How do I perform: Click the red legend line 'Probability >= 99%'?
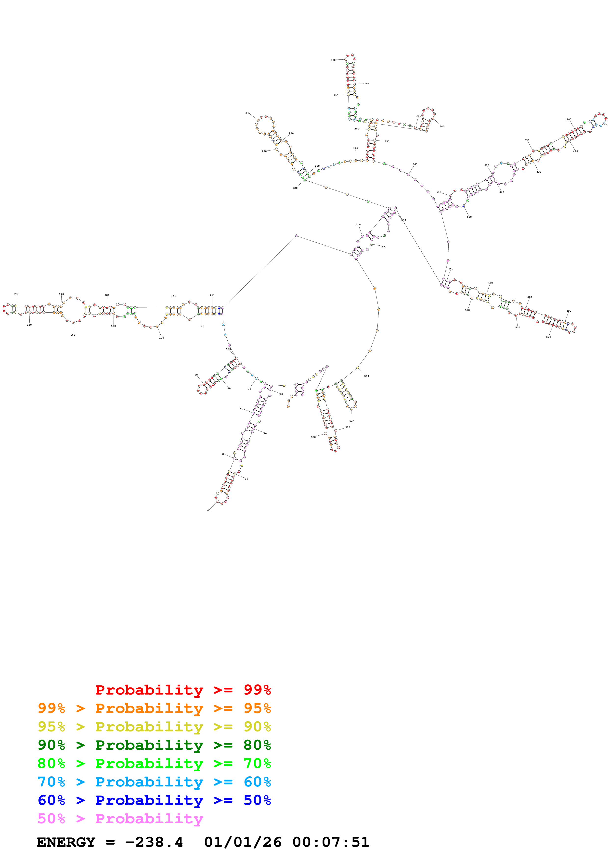[x=183, y=690]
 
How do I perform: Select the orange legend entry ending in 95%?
[x=154, y=708]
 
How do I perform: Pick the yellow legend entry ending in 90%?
[x=154, y=727]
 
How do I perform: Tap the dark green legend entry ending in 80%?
[x=154, y=745]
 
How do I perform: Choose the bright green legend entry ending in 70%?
[x=154, y=763]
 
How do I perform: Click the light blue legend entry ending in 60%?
[x=154, y=782]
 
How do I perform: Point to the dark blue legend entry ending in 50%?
[x=154, y=800]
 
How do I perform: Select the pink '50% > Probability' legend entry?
[x=120, y=818]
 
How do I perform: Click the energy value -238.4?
[x=154, y=842]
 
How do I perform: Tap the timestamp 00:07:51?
[x=331, y=842]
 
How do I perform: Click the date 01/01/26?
[x=243, y=842]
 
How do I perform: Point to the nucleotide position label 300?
[x=333, y=60]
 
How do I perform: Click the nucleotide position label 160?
[x=16, y=294]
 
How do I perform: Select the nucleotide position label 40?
[x=209, y=510]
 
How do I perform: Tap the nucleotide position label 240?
[x=248, y=113]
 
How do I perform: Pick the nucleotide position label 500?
[x=548, y=337]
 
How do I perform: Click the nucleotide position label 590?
[x=313, y=437]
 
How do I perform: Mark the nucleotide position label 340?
[x=442, y=126]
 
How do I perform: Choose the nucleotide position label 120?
[x=161, y=338]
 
